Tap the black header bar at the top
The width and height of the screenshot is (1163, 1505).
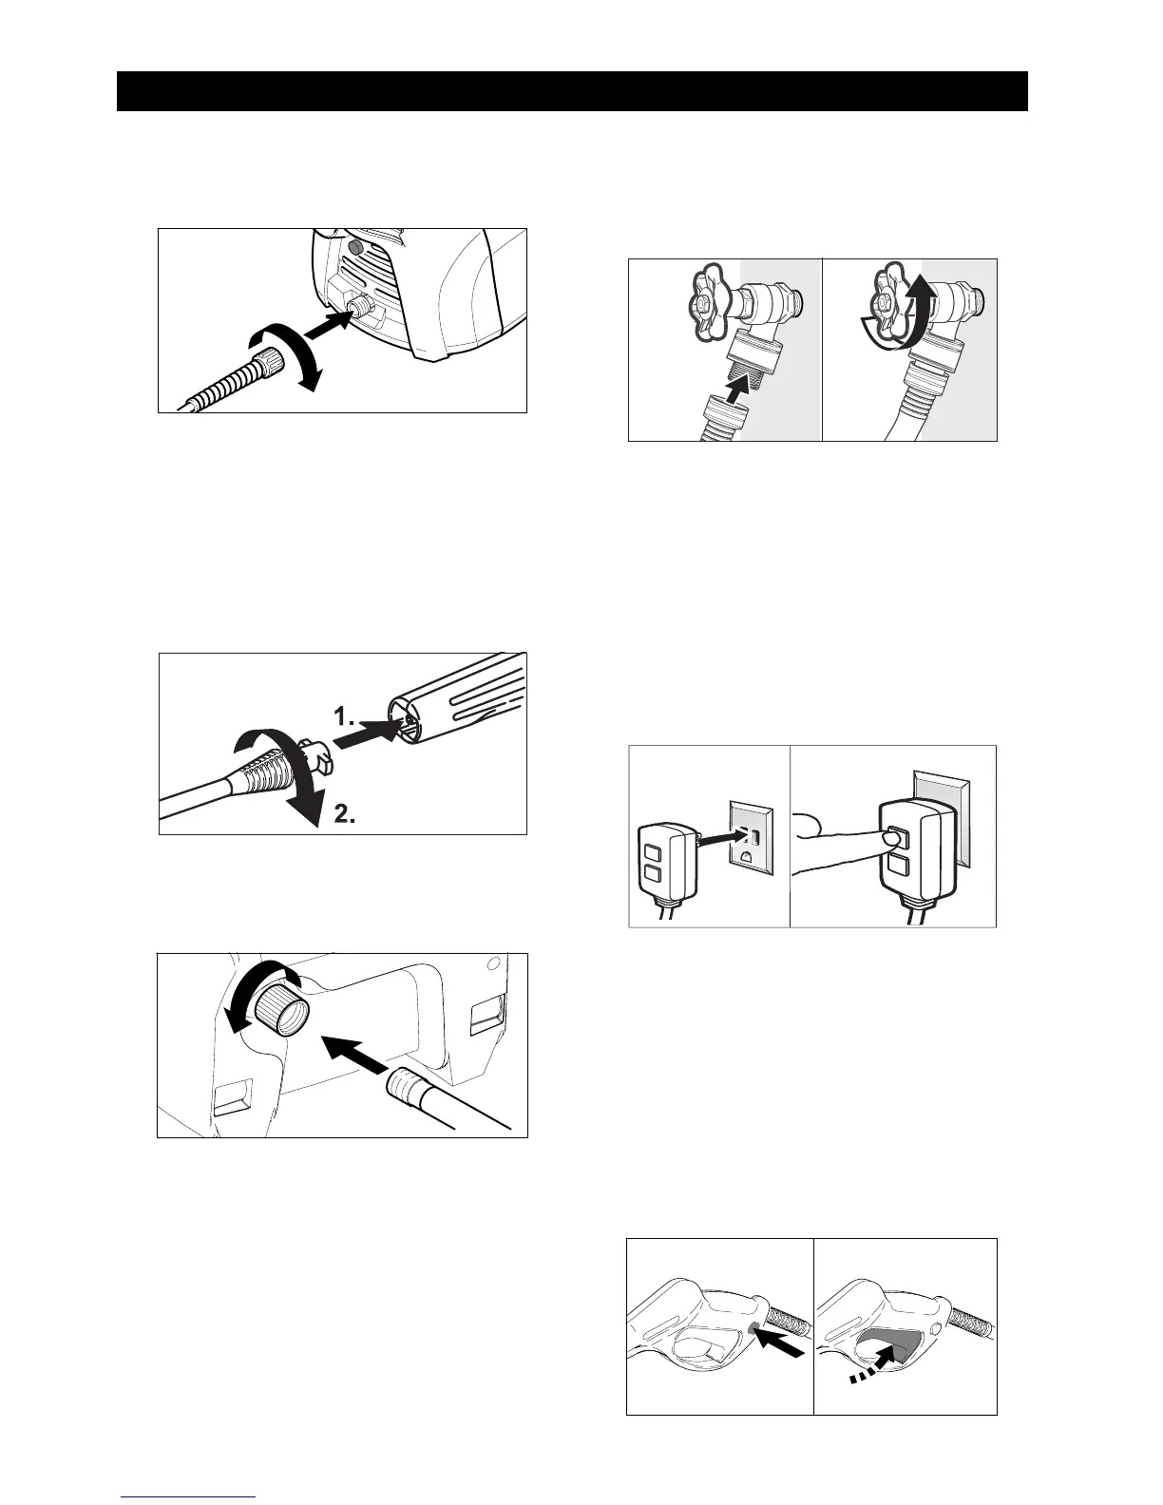[x=572, y=91]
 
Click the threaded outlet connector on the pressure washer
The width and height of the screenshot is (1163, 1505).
[x=362, y=306]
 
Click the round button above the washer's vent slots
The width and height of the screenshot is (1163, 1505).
[x=356, y=248]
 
